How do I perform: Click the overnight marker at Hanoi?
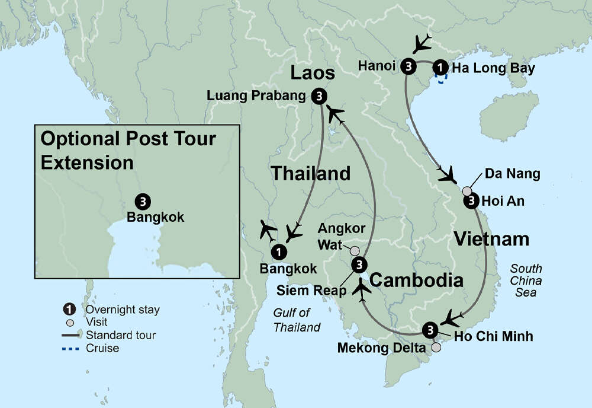tap(408, 66)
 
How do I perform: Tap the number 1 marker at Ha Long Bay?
tap(440, 66)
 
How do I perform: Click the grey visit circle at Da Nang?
tap(467, 191)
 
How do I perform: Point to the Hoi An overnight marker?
tap(471, 202)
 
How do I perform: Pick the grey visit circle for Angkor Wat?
tap(355, 250)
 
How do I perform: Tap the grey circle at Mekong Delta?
tap(436, 348)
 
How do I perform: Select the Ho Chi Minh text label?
tap(493, 336)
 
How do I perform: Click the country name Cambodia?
tap(416, 279)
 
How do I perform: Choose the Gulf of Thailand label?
tap(297, 321)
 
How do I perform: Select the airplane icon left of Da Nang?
tap(447, 174)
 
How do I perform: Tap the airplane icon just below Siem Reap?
tap(363, 290)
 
